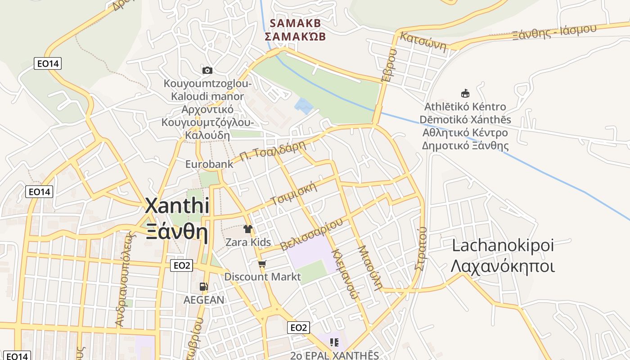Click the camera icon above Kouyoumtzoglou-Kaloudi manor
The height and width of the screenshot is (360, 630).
207,70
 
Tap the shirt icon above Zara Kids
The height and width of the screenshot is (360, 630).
247,229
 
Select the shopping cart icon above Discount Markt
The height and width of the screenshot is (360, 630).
262,264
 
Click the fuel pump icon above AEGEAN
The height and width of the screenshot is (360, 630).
203,286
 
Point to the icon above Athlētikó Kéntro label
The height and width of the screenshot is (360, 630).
465,93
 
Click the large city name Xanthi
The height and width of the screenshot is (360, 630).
177,206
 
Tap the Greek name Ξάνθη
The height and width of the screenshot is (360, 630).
177,232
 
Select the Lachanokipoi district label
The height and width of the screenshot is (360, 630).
502,246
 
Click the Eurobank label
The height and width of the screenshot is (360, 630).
209,164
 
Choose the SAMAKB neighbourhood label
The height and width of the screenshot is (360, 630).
295,23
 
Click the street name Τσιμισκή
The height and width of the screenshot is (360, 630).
294,194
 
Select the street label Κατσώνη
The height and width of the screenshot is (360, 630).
423,41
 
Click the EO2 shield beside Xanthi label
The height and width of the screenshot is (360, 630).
182,265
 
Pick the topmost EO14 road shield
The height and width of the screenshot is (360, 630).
48,63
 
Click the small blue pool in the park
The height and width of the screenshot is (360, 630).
304,106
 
